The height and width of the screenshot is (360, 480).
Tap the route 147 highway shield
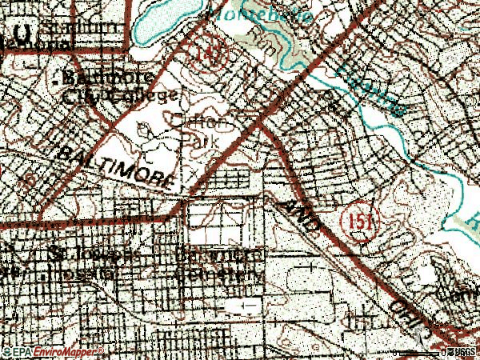pyautogui.click(x=214, y=51)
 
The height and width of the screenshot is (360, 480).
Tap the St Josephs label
pyautogui.click(x=80, y=254)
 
